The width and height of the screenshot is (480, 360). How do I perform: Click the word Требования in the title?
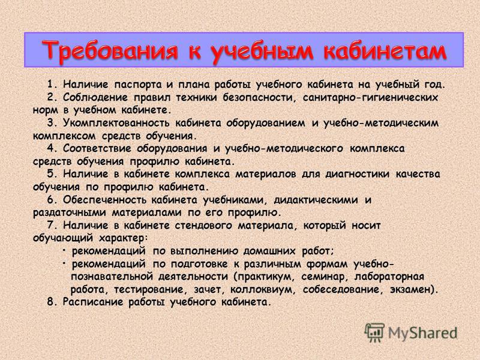(110, 50)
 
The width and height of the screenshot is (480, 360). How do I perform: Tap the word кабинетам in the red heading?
(385, 50)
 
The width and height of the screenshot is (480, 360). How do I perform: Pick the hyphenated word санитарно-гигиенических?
(370, 97)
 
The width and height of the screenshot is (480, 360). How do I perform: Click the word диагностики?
(357, 174)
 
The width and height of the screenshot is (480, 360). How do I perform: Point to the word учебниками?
(233, 200)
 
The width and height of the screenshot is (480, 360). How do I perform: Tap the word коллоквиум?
(263, 290)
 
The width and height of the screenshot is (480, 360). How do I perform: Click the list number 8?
(52, 302)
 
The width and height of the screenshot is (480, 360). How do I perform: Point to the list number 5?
(52, 174)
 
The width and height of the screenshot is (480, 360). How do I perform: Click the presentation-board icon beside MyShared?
(374, 333)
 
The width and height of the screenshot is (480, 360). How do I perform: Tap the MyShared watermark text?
(423, 334)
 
